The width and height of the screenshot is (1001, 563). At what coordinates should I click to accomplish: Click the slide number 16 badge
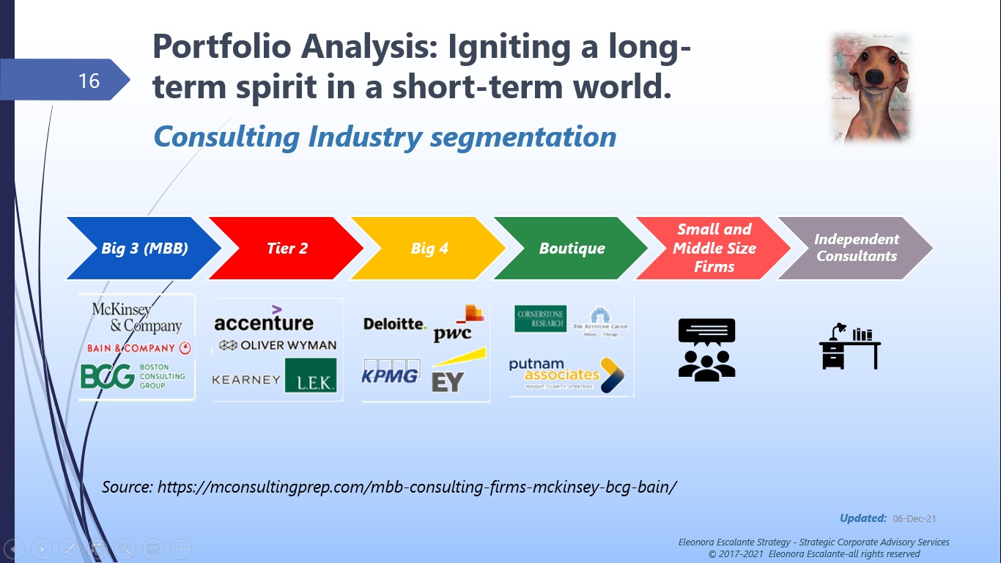click(x=88, y=80)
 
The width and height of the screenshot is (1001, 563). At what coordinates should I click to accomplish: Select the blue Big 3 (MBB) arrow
click(x=144, y=248)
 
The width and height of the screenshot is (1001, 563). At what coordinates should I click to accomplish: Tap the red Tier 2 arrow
click(x=287, y=248)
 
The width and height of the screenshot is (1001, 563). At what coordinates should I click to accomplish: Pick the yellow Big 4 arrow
click(x=429, y=248)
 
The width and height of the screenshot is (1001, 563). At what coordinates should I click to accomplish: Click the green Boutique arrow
click(x=572, y=248)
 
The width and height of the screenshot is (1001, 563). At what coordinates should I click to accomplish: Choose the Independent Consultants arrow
click(x=855, y=248)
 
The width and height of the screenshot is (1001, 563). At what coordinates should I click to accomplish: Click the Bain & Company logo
click(x=138, y=348)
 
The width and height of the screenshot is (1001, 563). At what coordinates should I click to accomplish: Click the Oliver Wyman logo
click(x=278, y=345)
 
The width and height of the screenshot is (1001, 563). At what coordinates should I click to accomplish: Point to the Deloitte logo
click(x=394, y=323)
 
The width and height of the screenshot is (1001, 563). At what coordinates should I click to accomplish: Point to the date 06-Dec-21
click(x=914, y=519)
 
